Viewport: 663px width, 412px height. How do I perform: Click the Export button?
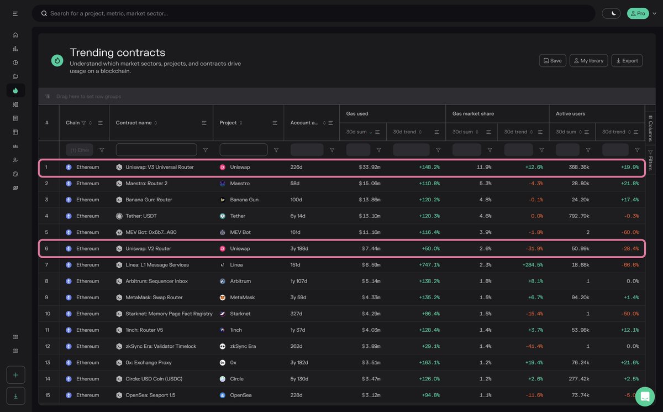[x=627, y=61]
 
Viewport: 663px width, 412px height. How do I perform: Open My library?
[x=588, y=61]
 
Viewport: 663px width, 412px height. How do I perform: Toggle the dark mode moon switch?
[x=611, y=13]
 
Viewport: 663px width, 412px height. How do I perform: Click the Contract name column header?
[x=134, y=123]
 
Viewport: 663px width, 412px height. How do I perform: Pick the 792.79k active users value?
[x=577, y=216]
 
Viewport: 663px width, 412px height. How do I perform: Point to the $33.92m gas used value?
[x=369, y=167]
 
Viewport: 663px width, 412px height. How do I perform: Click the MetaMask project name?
[x=242, y=298]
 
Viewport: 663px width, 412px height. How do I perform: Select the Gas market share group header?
[x=473, y=113]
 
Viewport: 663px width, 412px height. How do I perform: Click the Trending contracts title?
[x=117, y=53]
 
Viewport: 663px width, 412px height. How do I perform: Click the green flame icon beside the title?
[x=57, y=60]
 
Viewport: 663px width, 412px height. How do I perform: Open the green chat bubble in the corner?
[x=644, y=396]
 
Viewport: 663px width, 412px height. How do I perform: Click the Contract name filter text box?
[x=156, y=150]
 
